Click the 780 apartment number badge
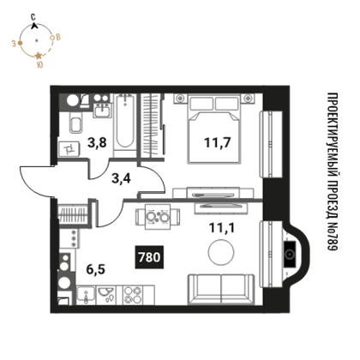coord(149,257)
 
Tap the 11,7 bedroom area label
coord(217,142)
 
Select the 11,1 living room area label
coord(222,228)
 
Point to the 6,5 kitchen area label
coord(96,269)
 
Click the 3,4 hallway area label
coord(121,178)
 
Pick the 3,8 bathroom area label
coord(97,142)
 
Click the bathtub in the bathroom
coord(125,125)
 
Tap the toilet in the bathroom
coord(75,123)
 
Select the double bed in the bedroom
coord(213,129)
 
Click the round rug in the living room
coord(221,253)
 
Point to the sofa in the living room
coord(221,289)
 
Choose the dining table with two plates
coord(158,217)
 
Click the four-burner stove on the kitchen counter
coord(133,295)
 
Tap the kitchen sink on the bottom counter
coord(86,295)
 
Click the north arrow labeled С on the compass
coord(34,26)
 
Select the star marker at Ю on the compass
coord(39,56)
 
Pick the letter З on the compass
coord(14,44)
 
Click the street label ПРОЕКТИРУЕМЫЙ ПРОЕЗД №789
coord(333,171)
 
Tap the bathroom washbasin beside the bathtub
coord(102,110)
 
